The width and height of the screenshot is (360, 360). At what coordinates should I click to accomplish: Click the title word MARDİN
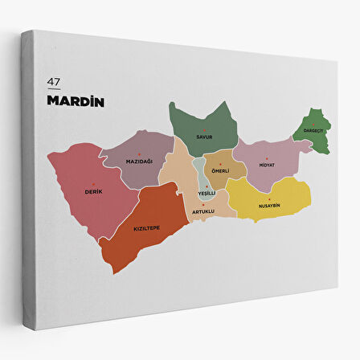(76, 102)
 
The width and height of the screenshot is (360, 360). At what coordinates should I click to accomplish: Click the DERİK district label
(93, 191)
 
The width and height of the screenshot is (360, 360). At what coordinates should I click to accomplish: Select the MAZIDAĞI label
(139, 162)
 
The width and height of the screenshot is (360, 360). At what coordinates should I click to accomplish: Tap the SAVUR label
(204, 137)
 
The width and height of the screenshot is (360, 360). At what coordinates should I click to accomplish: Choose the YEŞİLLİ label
(207, 193)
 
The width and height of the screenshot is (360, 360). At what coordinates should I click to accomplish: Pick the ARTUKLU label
(203, 212)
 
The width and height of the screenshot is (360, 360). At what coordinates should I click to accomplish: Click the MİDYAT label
(267, 165)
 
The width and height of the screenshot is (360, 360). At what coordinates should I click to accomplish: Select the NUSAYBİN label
(269, 205)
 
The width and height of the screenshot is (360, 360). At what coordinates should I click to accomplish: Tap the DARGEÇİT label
(313, 131)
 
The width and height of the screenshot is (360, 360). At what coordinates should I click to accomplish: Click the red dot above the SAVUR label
(204, 129)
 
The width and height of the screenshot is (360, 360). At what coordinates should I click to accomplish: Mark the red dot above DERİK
(93, 184)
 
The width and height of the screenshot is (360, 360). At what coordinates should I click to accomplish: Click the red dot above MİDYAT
(267, 157)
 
